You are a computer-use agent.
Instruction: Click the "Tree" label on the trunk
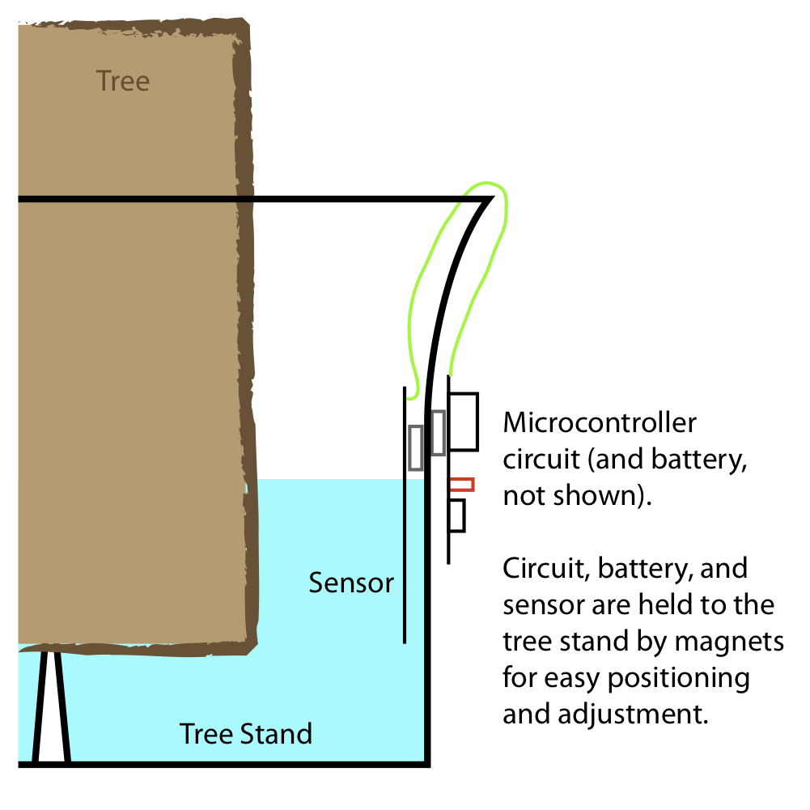[x=123, y=81]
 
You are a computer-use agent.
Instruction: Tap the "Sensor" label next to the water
[x=351, y=583]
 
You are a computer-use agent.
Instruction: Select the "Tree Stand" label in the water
[x=246, y=734]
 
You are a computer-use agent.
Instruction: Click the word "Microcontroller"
[x=599, y=423]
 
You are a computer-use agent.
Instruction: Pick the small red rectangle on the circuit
[x=461, y=485]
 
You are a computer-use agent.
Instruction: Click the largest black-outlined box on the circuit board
[x=464, y=421]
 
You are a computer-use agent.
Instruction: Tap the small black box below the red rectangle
[x=457, y=515]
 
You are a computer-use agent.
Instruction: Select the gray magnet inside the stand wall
[x=416, y=447]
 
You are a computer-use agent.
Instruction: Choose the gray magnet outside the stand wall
[x=438, y=432]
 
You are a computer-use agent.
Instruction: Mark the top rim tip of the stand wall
[x=490, y=198]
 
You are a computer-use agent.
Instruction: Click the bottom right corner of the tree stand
[x=426, y=763]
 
